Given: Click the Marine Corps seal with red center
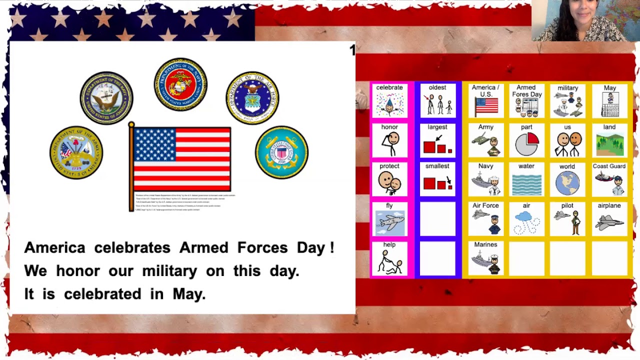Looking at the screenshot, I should pyautogui.click(x=180, y=84).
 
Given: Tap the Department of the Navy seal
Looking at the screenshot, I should pyautogui.click(x=106, y=98).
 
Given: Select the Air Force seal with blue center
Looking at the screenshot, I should pyautogui.click(x=252, y=98).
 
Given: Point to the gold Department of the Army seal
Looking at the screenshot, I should pyautogui.click(x=76, y=152).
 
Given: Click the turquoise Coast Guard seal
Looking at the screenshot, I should pyautogui.click(x=281, y=152).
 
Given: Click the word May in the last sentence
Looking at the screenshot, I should pyautogui.click(x=188, y=294).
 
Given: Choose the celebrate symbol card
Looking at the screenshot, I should pyautogui.click(x=389, y=101).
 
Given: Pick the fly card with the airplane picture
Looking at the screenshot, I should pyautogui.click(x=389, y=219).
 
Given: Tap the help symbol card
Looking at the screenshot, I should pyautogui.click(x=389, y=258).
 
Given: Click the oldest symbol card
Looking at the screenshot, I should pyautogui.click(x=437, y=101).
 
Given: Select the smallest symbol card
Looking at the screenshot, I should pyautogui.click(x=437, y=179).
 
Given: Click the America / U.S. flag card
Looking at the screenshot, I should pyautogui.click(x=486, y=101).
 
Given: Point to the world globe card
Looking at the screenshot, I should pyautogui.click(x=567, y=179).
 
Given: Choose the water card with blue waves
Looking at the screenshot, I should pyautogui.click(x=526, y=179).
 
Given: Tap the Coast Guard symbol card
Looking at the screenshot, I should pyautogui.click(x=609, y=179).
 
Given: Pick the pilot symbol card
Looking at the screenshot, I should pyautogui.click(x=567, y=219).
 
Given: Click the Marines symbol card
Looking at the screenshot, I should pyautogui.click(x=486, y=258).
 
